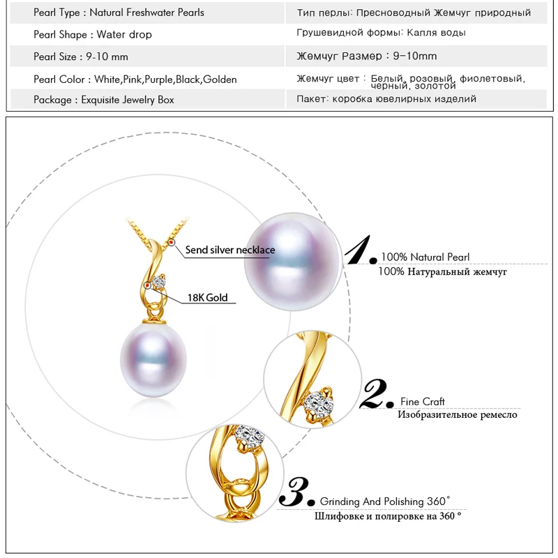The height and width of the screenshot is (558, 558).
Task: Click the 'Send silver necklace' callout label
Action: tap(230, 250)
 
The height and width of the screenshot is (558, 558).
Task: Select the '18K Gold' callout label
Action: tap(207, 298)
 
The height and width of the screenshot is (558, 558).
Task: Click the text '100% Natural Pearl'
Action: tap(425, 257)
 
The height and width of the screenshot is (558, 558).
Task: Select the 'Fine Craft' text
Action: tap(423, 402)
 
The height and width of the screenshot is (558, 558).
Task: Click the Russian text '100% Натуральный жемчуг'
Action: tap(442, 271)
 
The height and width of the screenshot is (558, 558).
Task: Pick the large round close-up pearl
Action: tap(296, 261)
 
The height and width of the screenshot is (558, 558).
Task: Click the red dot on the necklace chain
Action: tap(172, 241)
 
